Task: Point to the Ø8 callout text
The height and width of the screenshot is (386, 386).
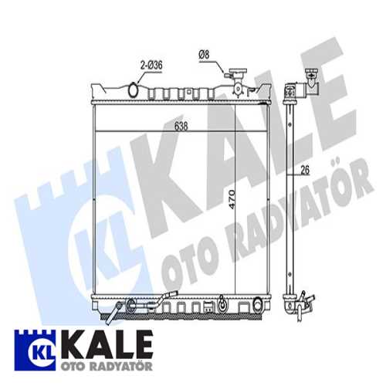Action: click(x=204, y=55)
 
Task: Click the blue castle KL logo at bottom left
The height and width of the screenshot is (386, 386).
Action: click(x=32, y=346)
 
